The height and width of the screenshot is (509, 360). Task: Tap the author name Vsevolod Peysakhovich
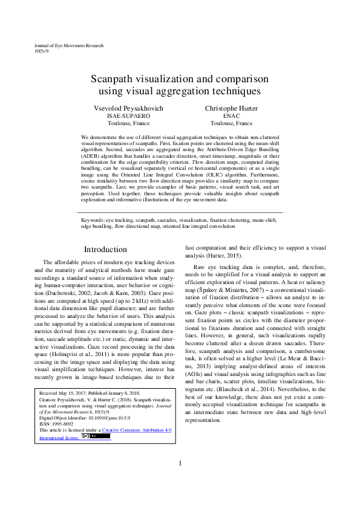[x=128, y=108]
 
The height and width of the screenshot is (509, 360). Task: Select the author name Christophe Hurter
[x=231, y=108]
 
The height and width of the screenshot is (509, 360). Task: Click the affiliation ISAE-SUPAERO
[x=128, y=115]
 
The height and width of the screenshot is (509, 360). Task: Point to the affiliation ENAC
[x=231, y=115]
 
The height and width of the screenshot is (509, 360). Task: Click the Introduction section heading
[x=105, y=249]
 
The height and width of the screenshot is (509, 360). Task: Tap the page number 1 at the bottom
[x=180, y=480]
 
